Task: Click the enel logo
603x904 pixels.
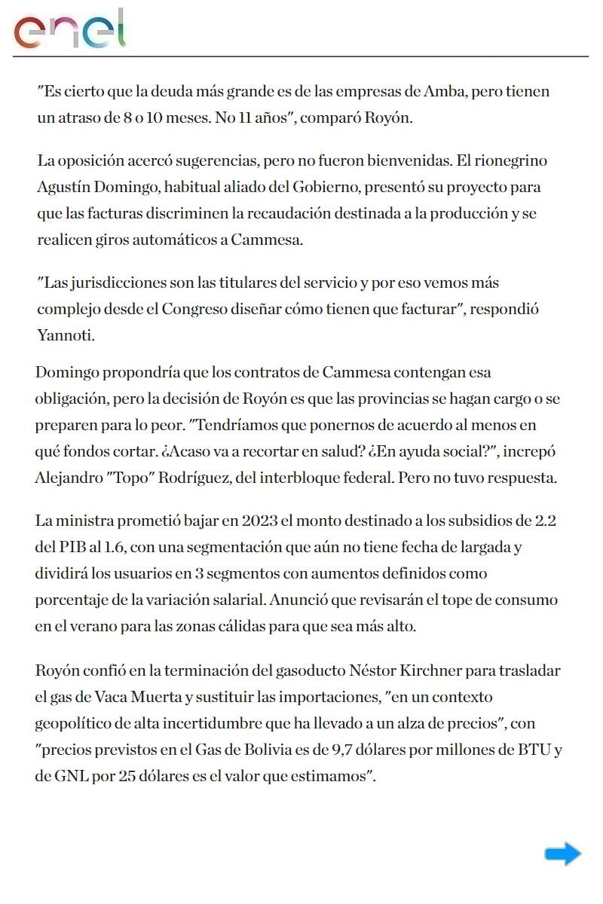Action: (x=69, y=30)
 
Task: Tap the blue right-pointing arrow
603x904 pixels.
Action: (x=562, y=854)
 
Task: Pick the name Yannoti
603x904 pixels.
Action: (x=66, y=335)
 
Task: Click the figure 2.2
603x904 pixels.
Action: (x=546, y=521)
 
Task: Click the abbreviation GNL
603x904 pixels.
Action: (x=71, y=776)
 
